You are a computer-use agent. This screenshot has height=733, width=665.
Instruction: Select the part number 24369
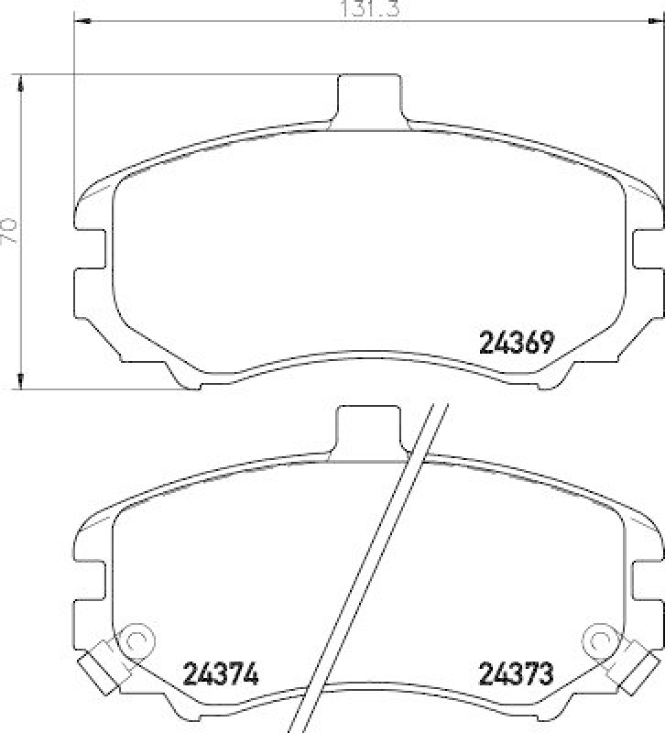[x=516, y=344]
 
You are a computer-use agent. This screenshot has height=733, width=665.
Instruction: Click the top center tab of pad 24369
[x=369, y=96]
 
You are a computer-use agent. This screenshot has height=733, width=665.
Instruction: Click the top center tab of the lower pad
[x=369, y=427]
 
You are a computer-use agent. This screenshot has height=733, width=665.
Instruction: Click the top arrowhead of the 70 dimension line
[x=21, y=83]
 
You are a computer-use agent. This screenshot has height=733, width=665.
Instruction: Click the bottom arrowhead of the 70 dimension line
[x=21, y=380]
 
